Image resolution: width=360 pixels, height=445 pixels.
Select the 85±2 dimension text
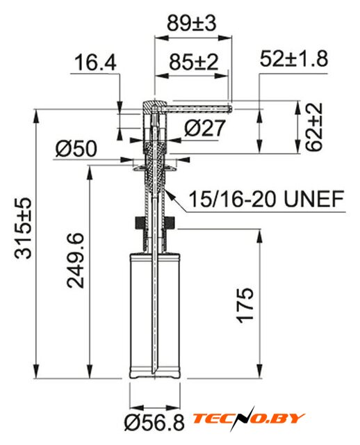[194, 62]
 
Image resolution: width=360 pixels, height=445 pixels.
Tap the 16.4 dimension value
[95, 63]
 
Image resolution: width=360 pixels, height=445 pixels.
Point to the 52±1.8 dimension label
[294, 58]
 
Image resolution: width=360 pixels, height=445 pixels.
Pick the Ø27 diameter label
[204, 128]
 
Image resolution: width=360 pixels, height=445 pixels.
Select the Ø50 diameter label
[76, 148]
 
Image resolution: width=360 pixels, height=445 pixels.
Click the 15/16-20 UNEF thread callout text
[266, 199]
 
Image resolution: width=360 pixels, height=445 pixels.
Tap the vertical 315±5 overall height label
[23, 228]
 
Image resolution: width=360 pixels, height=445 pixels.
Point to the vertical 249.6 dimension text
[76, 261]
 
